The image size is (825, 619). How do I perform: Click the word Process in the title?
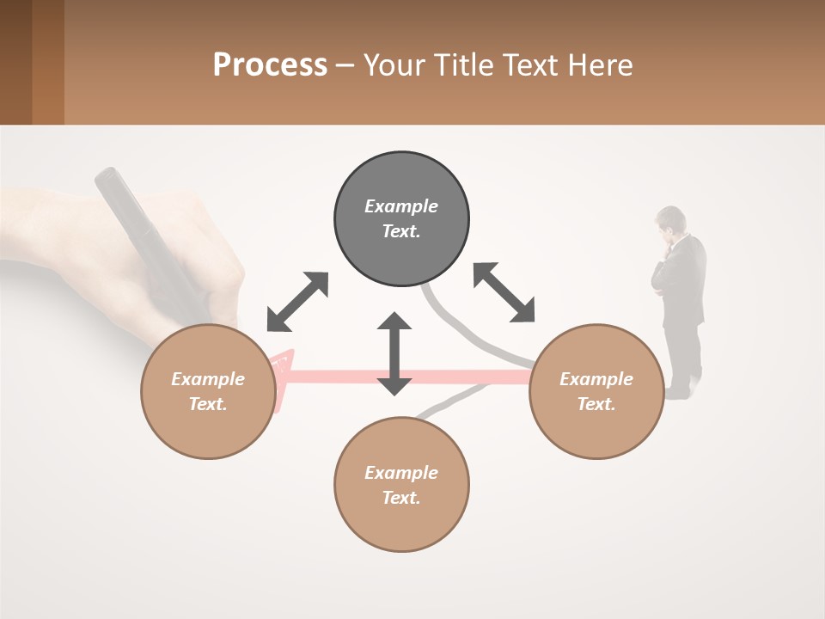[x=270, y=65]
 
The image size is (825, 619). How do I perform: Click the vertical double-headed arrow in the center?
[x=394, y=353]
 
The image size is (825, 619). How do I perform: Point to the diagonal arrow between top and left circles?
[x=297, y=302]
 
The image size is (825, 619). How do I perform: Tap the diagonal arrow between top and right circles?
[x=504, y=292]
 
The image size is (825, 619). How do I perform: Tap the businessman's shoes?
[x=681, y=391]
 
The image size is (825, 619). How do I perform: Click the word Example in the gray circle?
[x=401, y=206]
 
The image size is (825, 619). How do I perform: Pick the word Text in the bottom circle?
[x=400, y=498]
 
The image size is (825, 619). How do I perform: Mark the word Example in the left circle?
[x=208, y=379]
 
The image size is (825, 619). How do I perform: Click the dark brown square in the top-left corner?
[x=16, y=62]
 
